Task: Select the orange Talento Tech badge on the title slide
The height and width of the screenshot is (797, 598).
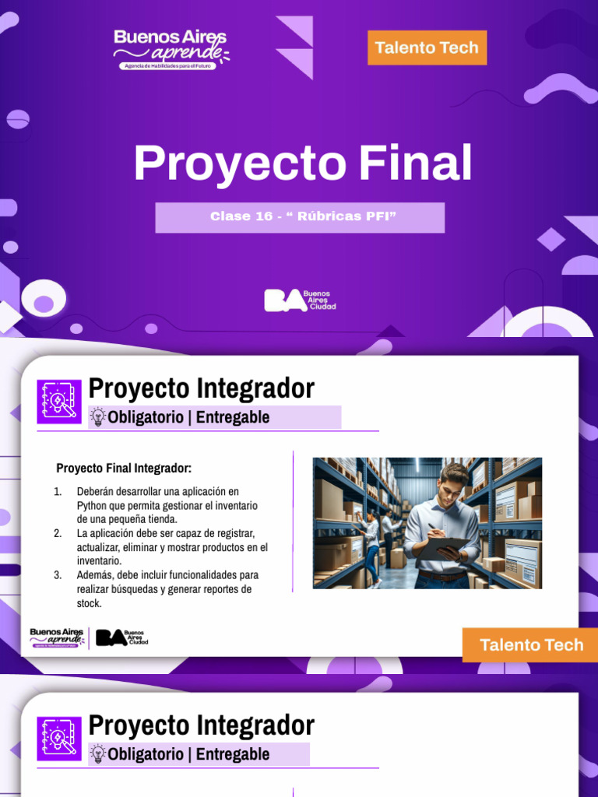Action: pyautogui.click(x=427, y=47)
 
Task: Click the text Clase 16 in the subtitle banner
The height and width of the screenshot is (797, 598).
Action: pyautogui.click(x=241, y=216)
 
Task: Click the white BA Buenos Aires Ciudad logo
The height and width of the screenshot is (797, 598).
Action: pyautogui.click(x=300, y=300)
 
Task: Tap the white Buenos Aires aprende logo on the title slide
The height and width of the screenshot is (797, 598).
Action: pyautogui.click(x=171, y=48)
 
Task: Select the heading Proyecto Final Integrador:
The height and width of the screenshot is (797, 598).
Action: pyautogui.click(x=124, y=469)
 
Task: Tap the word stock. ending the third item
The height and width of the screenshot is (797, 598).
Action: pyautogui.click(x=90, y=603)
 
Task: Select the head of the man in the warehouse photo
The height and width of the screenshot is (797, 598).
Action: pyautogui.click(x=453, y=481)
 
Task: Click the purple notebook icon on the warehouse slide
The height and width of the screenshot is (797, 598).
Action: pyautogui.click(x=59, y=402)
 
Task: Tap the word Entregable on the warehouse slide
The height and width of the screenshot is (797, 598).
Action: pyautogui.click(x=233, y=417)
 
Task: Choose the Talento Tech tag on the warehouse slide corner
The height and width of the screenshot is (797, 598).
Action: pyautogui.click(x=531, y=644)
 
